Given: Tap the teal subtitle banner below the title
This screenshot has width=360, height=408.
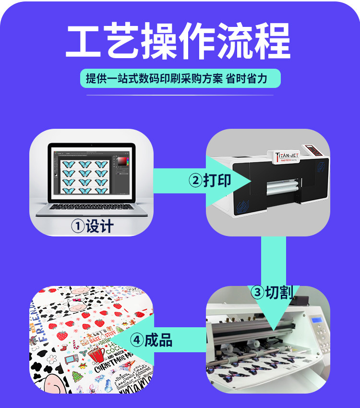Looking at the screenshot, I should tap(180, 78).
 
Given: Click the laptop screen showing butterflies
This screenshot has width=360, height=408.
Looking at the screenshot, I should tap(91, 172).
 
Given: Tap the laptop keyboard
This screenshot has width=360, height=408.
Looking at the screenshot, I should tap(91, 207).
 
